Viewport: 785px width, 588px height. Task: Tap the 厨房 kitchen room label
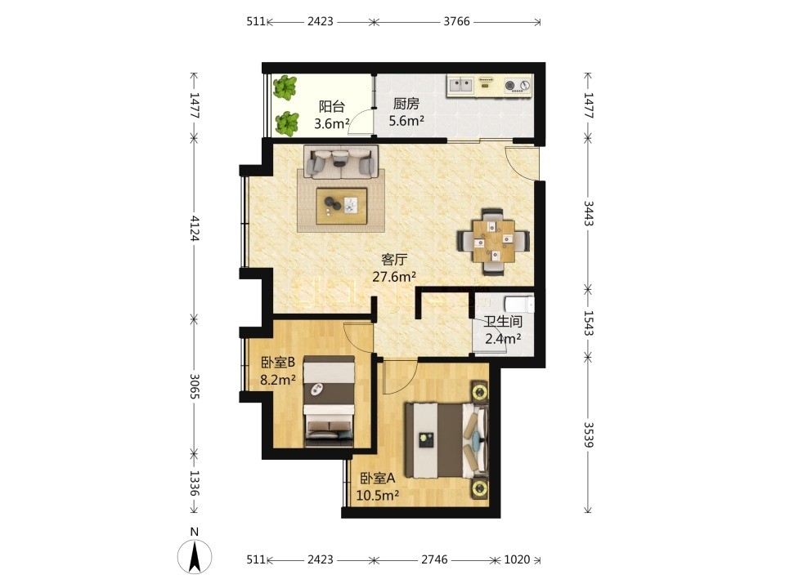(x=406, y=104)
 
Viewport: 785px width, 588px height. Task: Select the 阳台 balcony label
(x=332, y=106)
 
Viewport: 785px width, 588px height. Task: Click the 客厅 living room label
(x=394, y=260)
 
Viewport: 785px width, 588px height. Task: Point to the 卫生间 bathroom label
(x=503, y=322)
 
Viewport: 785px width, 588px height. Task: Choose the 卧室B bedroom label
(x=278, y=363)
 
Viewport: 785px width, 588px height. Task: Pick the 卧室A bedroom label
(x=378, y=479)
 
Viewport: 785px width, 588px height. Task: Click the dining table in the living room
(x=494, y=242)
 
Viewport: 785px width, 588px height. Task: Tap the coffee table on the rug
(x=342, y=206)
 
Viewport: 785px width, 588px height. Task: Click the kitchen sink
(x=460, y=84)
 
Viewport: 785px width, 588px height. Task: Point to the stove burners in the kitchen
(x=518, y=86)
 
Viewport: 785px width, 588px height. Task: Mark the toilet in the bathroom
(x=519, y=305)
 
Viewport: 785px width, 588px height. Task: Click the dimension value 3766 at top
(x=456, y=21)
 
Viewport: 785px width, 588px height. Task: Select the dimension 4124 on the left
(x=195, y=228)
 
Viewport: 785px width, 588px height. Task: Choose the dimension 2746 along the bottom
(x=434, y=559)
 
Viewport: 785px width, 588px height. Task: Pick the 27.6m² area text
(x=394, y=277)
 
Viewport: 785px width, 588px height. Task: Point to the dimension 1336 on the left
(x=195, y=483)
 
